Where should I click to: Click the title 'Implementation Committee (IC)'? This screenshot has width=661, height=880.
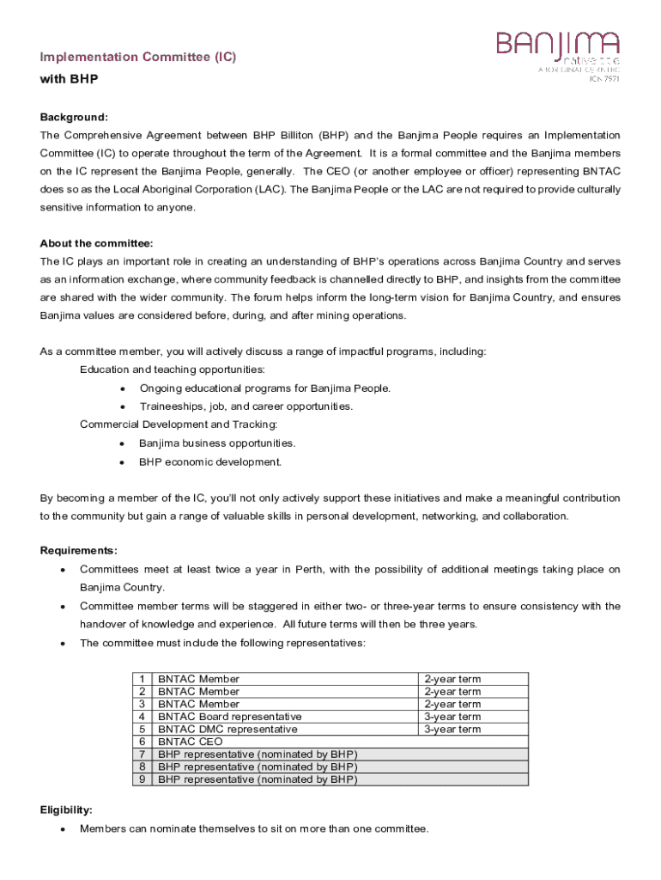(138, 57)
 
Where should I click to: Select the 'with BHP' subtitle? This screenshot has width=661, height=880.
(70, 79)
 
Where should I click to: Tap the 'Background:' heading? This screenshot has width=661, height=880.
(74, 117)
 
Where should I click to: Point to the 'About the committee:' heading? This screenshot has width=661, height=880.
(96, 243)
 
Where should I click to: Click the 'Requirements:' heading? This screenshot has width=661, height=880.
(79, 551)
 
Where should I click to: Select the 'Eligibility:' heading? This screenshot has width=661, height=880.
(66, 810)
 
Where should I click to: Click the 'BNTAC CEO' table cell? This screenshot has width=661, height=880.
(191, 742)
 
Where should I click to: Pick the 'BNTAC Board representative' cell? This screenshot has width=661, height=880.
(230, 717)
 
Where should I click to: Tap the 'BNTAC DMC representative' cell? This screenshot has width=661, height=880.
(228, 729)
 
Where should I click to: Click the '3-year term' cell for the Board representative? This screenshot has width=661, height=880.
(452, 717)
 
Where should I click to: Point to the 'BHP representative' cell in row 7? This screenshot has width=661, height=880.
(258, 754)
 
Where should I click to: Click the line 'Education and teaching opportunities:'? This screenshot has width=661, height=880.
(173, 370)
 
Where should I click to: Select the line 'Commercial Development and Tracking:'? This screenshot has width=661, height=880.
(179, 425)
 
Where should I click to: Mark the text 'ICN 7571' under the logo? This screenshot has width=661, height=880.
(603, 79)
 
